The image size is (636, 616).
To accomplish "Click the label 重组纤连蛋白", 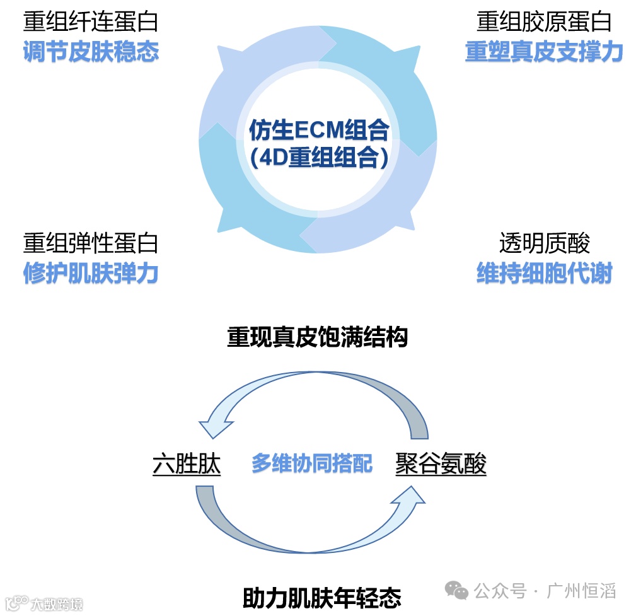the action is point(91,22).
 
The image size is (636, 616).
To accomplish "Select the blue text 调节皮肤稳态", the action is point(91,52).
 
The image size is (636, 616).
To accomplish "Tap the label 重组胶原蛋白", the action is point(544,22).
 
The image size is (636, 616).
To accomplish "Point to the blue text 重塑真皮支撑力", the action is point(544,52).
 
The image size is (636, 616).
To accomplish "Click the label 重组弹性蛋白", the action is point(91,243).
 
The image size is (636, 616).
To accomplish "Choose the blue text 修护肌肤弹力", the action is point(91,274).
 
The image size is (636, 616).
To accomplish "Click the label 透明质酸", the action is point(544,243).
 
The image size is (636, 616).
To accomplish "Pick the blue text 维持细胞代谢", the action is point(544,274).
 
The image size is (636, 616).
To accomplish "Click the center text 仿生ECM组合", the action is point(318,131).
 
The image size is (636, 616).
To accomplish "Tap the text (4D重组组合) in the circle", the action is point(318,158).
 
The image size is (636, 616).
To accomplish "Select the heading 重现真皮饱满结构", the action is point(318,337).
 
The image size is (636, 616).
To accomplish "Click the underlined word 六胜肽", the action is point(187,465).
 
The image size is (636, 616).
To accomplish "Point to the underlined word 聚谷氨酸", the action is point(441,465).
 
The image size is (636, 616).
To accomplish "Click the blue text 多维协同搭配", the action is point(312,464).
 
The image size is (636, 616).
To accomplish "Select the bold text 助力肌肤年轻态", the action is point(321,596).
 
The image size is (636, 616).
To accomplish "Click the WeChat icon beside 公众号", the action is point(456,591).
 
